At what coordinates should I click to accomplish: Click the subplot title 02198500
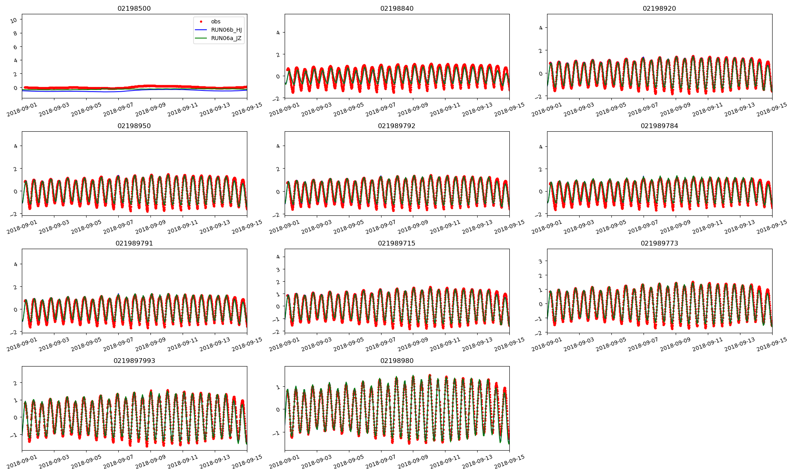pyautogui.click(x=134, y=8)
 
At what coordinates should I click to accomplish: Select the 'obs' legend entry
pyautogui.click(x=216, y=21)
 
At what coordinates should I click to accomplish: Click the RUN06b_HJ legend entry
pyautogui.click(x=226, y=30)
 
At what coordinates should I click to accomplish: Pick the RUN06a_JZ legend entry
pyautogui.click(x=226, y=38)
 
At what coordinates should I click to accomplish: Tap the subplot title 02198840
pyautogui.click(x=397, y=8)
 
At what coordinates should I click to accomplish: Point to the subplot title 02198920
pyautogui.click(x=659, y=8)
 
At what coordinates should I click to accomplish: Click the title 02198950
pyautogui.click(x=134, y=126)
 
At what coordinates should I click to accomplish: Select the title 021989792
pyautogui.click(x=397, y=126)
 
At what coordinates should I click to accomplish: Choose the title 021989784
pyautogui.click(x=659, y=126)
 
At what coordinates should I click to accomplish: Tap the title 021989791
pyautogui.click(x=134, y=243)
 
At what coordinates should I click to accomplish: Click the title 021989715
pyautogui.click(x=397, y=243)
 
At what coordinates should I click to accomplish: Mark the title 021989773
pyautogui.click(x=659, y=243)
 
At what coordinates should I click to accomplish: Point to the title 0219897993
pyautogui.click(x=134, y=361)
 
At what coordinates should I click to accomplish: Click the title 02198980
pyautogui.click(x=397, y=361)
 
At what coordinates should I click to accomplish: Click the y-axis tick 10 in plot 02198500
pyautogui.click(x=14, y=20)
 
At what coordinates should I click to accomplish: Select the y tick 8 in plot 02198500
pyautogui.click(x=15, y=33)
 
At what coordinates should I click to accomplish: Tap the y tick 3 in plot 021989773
pyautogui.click(x=540, y=261)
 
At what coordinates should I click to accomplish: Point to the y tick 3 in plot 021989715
pyautogui.click(x=278, y=269)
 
